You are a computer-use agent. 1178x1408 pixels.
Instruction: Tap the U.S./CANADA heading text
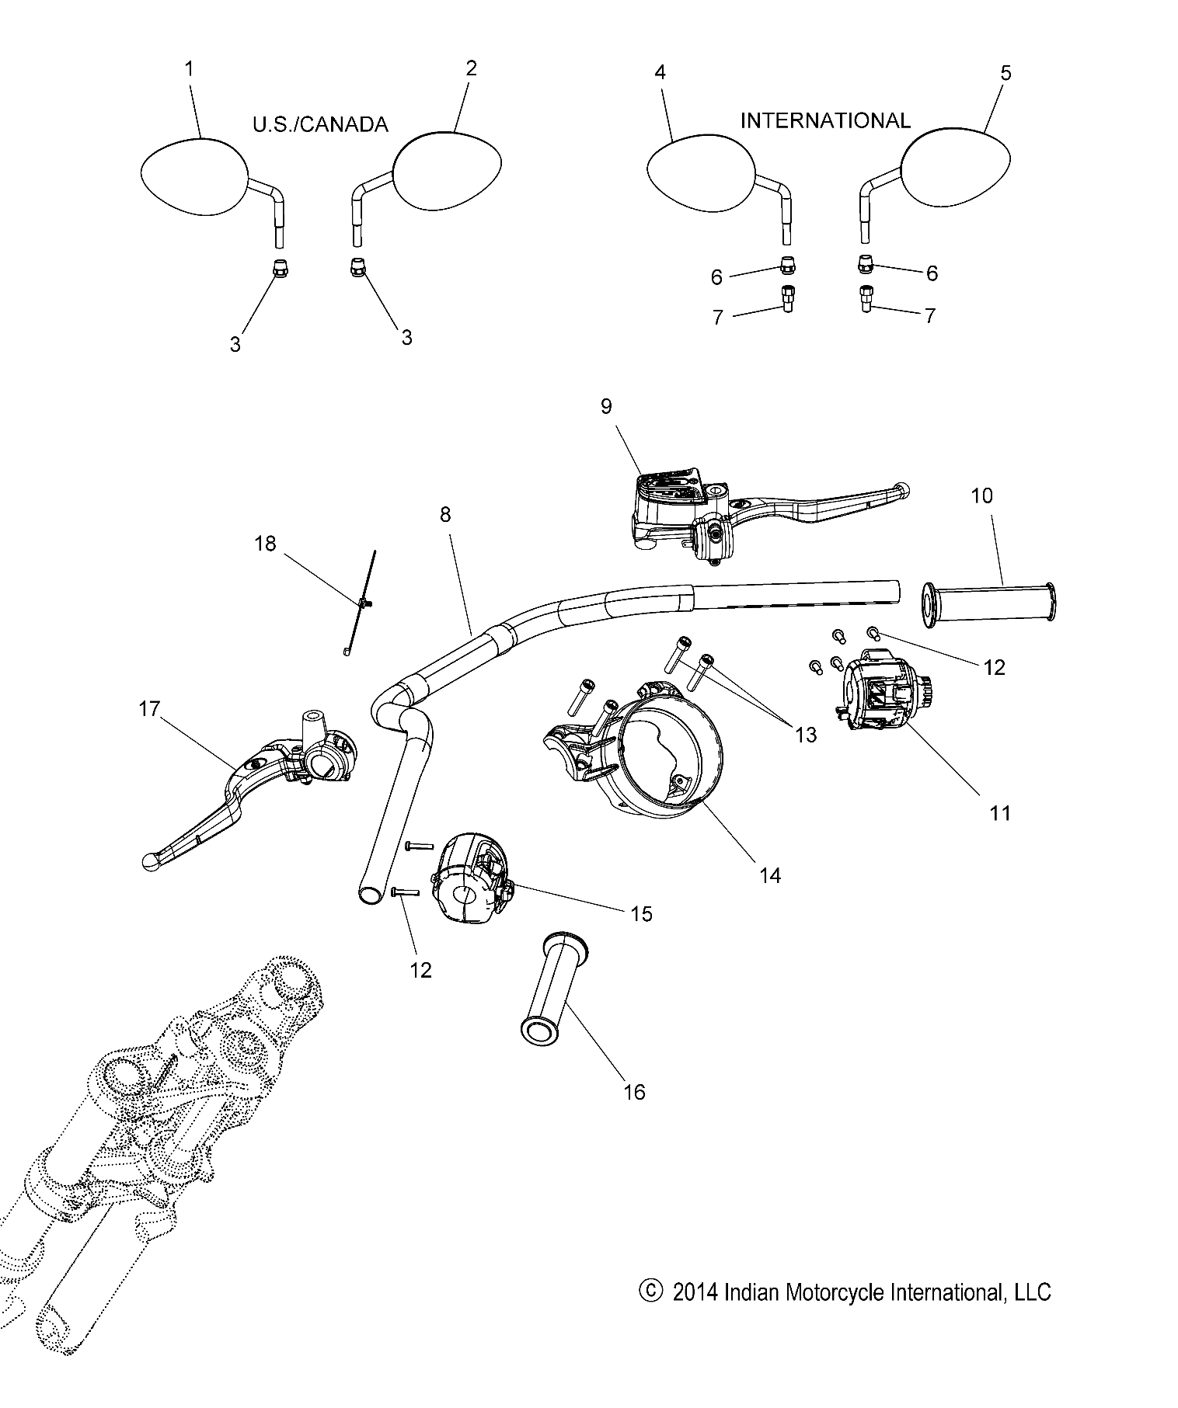(319, 124)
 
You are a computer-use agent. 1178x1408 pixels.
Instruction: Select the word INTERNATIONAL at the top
(824, 120)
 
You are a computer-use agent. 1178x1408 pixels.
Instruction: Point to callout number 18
(266, 544)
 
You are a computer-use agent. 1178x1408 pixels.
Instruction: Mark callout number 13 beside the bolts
(807, 734)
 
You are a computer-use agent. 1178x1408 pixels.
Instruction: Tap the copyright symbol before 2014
(650, 1292)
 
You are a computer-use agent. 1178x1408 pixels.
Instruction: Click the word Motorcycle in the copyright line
(834, 1292)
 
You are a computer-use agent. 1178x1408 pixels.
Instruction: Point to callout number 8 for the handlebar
(445, 515)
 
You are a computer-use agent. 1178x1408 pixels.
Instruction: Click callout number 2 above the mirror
(471, 68)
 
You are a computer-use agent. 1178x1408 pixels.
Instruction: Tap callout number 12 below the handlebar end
(420, 970)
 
